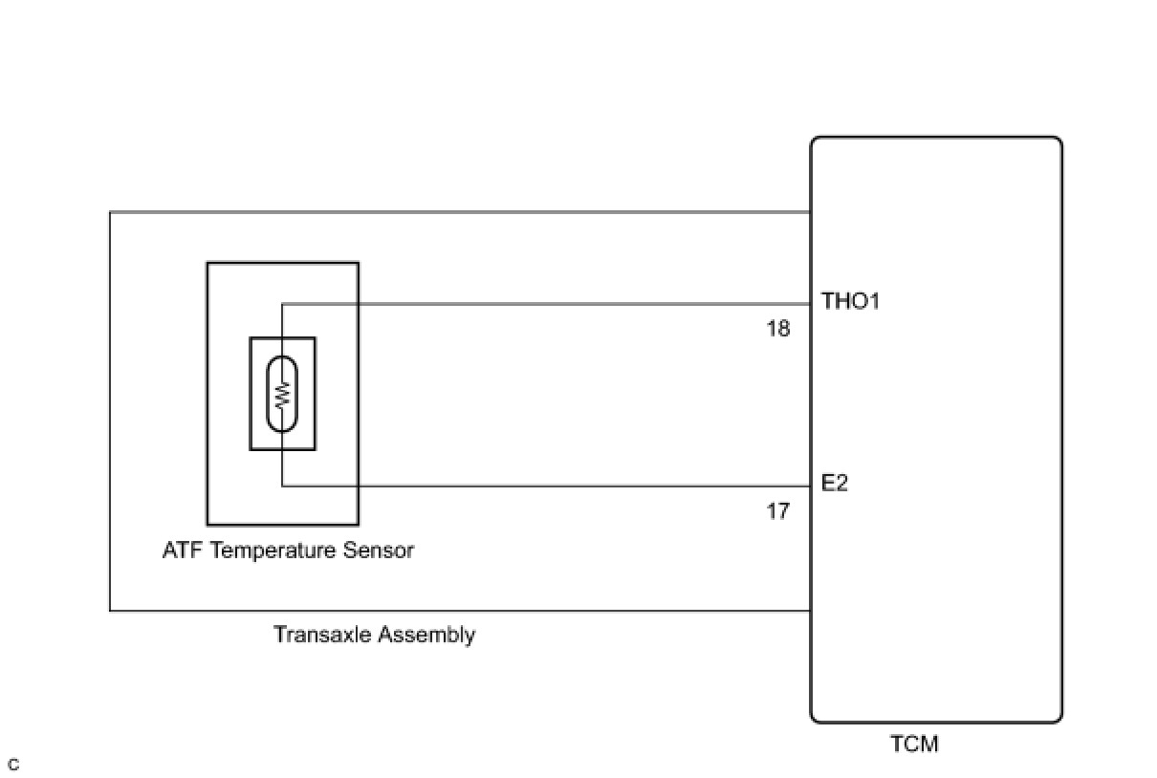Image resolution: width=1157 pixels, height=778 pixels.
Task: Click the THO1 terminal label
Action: coord(850,302)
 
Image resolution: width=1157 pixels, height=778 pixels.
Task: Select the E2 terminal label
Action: coord(835,484)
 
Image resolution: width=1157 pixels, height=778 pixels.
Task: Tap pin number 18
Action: coord(778,329)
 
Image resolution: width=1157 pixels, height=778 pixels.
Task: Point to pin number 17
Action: coord(778,511)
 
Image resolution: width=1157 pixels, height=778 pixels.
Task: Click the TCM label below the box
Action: coord(914,744)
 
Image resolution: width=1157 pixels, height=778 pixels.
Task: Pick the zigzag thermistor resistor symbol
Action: coord(282,394)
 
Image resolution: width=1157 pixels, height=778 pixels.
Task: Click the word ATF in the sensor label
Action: coord(182,551)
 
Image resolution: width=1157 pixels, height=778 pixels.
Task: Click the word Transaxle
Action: coord(321,635)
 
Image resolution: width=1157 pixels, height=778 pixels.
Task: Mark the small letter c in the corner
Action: coord(12,765)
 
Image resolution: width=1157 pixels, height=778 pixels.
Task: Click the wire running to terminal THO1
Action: coord(574,305)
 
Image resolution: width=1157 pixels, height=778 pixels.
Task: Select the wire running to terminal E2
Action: coord(574,486)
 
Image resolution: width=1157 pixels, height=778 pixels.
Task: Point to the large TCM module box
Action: coord(936,430)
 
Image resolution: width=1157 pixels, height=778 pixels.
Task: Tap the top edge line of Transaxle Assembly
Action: coord(459,212)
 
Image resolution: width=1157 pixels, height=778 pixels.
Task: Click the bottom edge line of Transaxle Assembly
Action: coord(459,610)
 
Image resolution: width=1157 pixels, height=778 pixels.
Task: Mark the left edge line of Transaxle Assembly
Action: coord(111,411)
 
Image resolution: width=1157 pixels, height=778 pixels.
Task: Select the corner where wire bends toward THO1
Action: coord(282,305)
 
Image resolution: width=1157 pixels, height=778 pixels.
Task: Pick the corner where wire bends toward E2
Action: coord(282,486)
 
